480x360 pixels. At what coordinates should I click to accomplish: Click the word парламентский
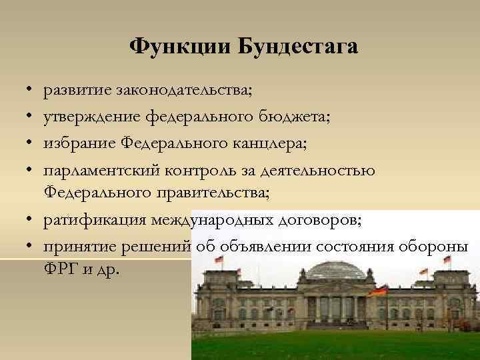pos(101,171)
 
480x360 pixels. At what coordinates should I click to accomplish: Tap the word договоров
pos(306,219)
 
